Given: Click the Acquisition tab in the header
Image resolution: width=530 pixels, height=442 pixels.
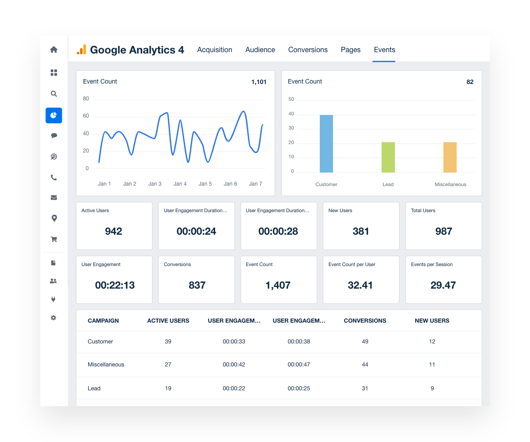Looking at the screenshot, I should click(x=215, y=50).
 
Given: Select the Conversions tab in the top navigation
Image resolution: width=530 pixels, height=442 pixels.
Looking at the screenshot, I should click(x=308, y=50).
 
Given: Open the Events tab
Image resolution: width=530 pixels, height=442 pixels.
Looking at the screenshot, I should click(x=384, y=50).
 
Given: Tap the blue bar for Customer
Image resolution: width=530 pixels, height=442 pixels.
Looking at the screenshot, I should click(x=326, y=144).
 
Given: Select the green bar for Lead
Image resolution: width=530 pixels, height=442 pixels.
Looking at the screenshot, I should click(x=388, y=157).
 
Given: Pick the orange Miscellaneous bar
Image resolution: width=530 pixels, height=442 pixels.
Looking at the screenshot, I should click(x=450, y=157).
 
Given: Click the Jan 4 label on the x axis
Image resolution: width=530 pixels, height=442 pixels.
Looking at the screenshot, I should click(x=180, y=184).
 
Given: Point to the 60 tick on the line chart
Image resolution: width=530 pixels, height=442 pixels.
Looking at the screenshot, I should click(x=86, y=116).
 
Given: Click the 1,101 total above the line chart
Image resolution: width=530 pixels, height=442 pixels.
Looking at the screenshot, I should click(x=259, y=82).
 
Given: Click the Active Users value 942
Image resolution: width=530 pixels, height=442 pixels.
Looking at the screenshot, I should click(x=114, y=231).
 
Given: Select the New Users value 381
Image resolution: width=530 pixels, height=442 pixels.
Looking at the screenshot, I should click(x=361, y=231).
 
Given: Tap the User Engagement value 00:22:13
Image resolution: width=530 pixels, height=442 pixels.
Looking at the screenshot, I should click(x=115, y=285).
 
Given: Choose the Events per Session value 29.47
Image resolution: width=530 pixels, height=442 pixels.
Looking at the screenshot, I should click(x=443, y=285).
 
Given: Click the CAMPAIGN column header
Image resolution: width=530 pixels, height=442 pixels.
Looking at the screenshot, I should click(x=103, y=321).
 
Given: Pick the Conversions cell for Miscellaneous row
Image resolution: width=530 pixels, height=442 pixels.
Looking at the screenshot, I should click(x=365, y=365).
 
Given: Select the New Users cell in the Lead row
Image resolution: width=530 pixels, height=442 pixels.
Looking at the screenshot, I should click(x=432, y=389).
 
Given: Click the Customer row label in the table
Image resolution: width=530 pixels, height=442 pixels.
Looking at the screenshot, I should click(x=100, y=342).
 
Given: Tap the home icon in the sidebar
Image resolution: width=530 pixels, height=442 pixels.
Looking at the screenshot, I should click(x=54, y=50).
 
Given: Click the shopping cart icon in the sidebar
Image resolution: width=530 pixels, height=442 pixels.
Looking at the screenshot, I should click(x=54, y=240).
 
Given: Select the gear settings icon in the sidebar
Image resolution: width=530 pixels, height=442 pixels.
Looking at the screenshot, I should click(x=54, y=318).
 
